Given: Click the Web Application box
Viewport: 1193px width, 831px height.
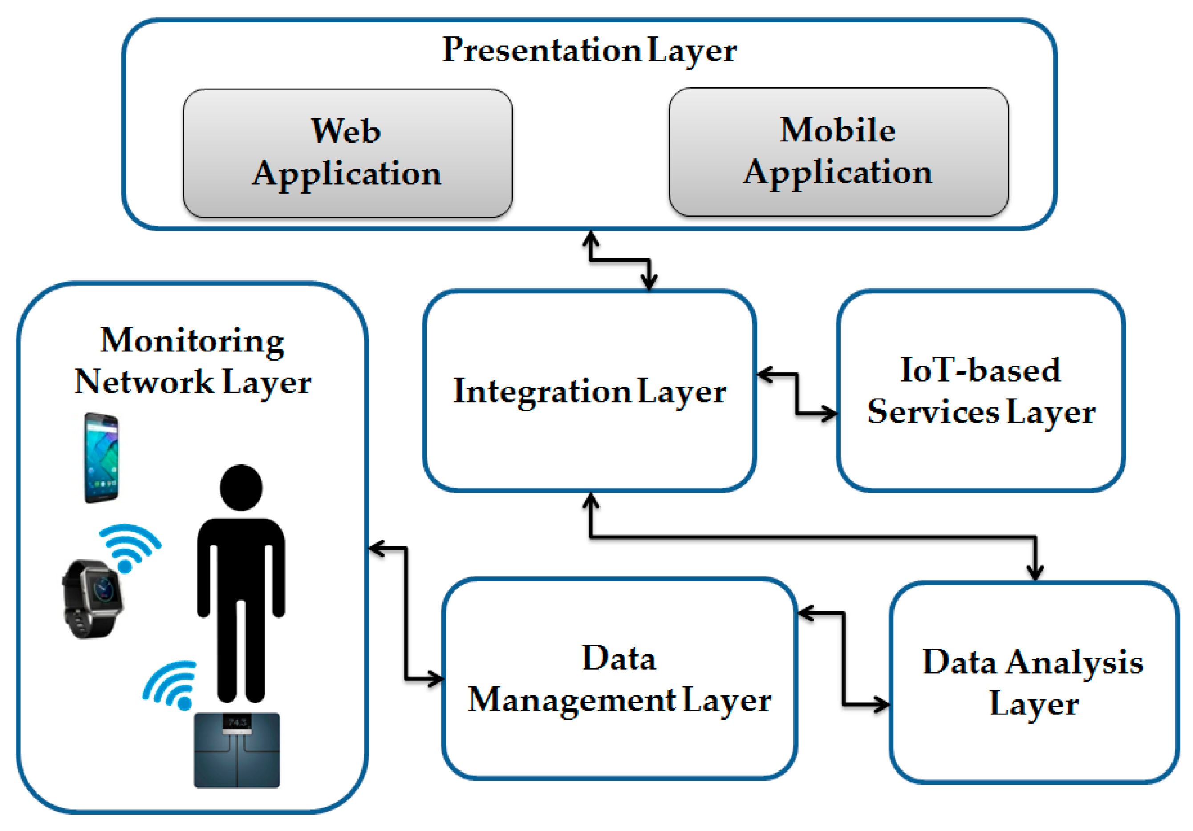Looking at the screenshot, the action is point(348,153).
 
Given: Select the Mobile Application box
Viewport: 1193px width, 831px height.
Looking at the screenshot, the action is point(839,152).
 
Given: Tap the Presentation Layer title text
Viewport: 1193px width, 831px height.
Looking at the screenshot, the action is point(589,51).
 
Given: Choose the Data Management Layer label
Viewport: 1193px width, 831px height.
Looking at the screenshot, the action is point(619,680).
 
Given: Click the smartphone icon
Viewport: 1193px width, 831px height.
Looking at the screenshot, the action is point(102,458).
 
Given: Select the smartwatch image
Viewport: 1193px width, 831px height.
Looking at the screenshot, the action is point(93,599).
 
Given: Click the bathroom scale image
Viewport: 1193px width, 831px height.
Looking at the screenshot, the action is point(237,750).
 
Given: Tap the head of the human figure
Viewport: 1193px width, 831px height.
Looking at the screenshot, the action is point(241,487).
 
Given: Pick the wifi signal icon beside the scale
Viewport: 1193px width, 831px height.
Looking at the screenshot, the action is point(170,685).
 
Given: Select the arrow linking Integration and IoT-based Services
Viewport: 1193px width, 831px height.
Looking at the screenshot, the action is point(796,394).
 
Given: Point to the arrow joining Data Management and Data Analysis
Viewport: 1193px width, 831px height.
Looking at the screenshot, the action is point(843,658).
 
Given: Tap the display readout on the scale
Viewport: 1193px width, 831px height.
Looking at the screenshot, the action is point(237,722).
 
